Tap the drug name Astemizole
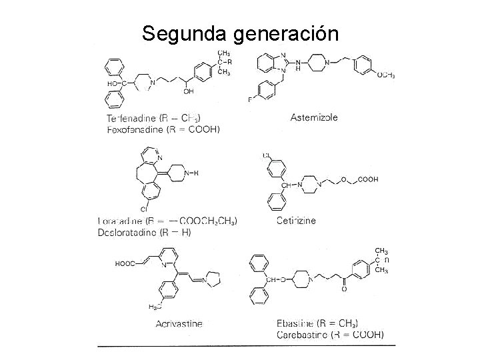point(315,117)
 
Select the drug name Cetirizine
point(296,220)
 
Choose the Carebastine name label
point(300,334)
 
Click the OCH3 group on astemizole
point(385,75)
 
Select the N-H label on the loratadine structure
point(192,173)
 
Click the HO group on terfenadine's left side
point(115,85)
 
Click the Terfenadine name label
point(133,119)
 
